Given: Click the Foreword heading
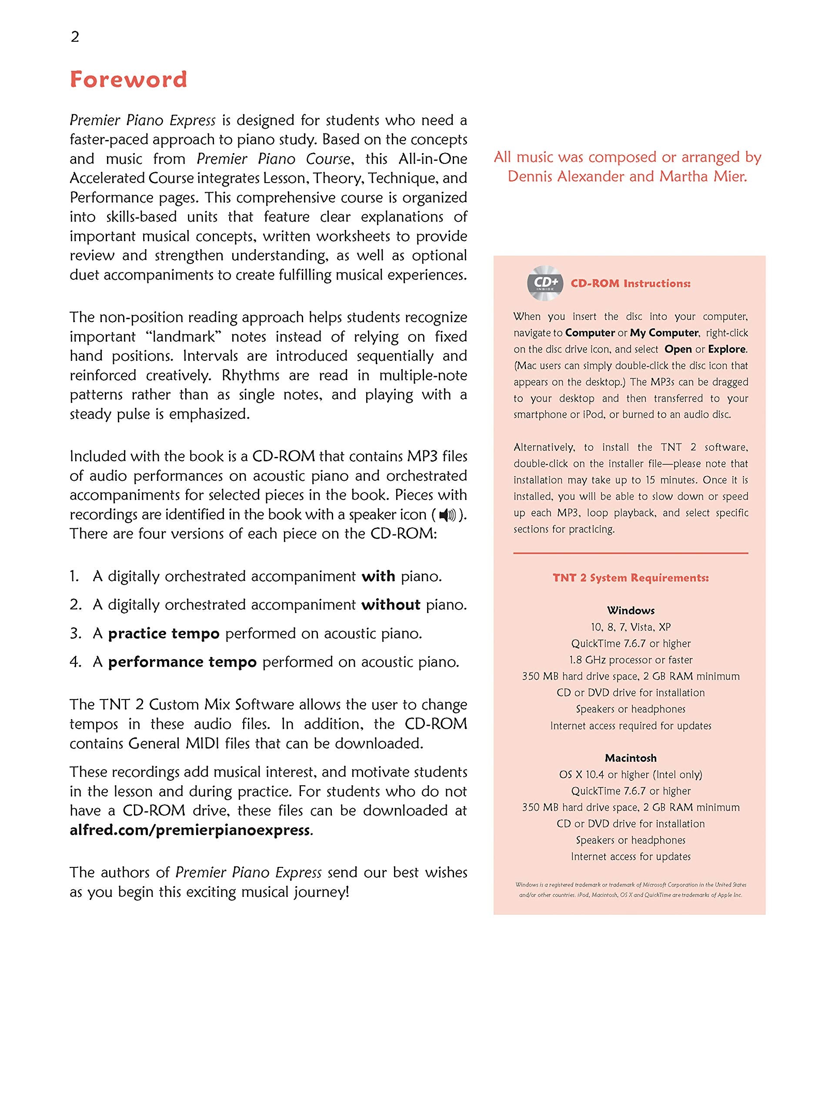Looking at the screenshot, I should (128, 80).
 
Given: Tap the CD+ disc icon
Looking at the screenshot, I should (545, 283).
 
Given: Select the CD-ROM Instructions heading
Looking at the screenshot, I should (630, 284).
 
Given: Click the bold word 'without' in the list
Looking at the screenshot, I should (391, 604).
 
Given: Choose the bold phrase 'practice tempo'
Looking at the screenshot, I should (164, 633).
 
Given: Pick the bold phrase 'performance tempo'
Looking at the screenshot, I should (182, 662).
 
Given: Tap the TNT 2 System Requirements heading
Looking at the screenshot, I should (630, 578).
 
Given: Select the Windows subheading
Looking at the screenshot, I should (630, 610).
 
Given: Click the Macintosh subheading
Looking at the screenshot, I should (630, 758).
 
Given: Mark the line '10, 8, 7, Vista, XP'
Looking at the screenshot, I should (630, 627).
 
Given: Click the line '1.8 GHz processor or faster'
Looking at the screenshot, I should (630, 660).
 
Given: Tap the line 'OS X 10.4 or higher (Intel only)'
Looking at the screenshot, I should (630, 774).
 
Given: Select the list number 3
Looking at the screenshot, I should (76, 633).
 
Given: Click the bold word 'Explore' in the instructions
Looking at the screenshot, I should (727, 349).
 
